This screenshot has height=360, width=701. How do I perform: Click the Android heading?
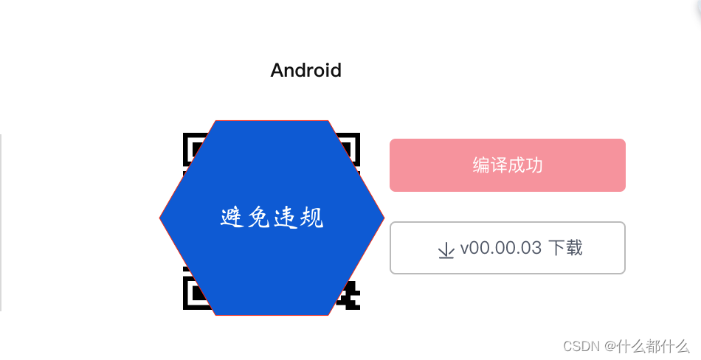pyautogui.click(x=305, y=71)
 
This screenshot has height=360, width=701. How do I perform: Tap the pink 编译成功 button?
pyautogui.click(x=507, y=165)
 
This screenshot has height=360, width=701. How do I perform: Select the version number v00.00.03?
pyautogui.click(x=501, y=248)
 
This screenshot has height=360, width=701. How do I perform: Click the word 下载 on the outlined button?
pyautogui.click(x=565, y=248)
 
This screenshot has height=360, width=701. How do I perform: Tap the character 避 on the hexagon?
pyautogui.click(x=233, y=218)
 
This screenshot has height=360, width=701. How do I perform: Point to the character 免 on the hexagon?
pyautogui.click(x=259, y=218)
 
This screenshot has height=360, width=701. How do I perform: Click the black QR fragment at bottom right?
pyautogui.click(x=349, y=296)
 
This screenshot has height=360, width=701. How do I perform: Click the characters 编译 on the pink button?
pyautogui.click(x=489, y=165)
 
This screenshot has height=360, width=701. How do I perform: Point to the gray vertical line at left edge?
pyautogui.click(x=1, y=221)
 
